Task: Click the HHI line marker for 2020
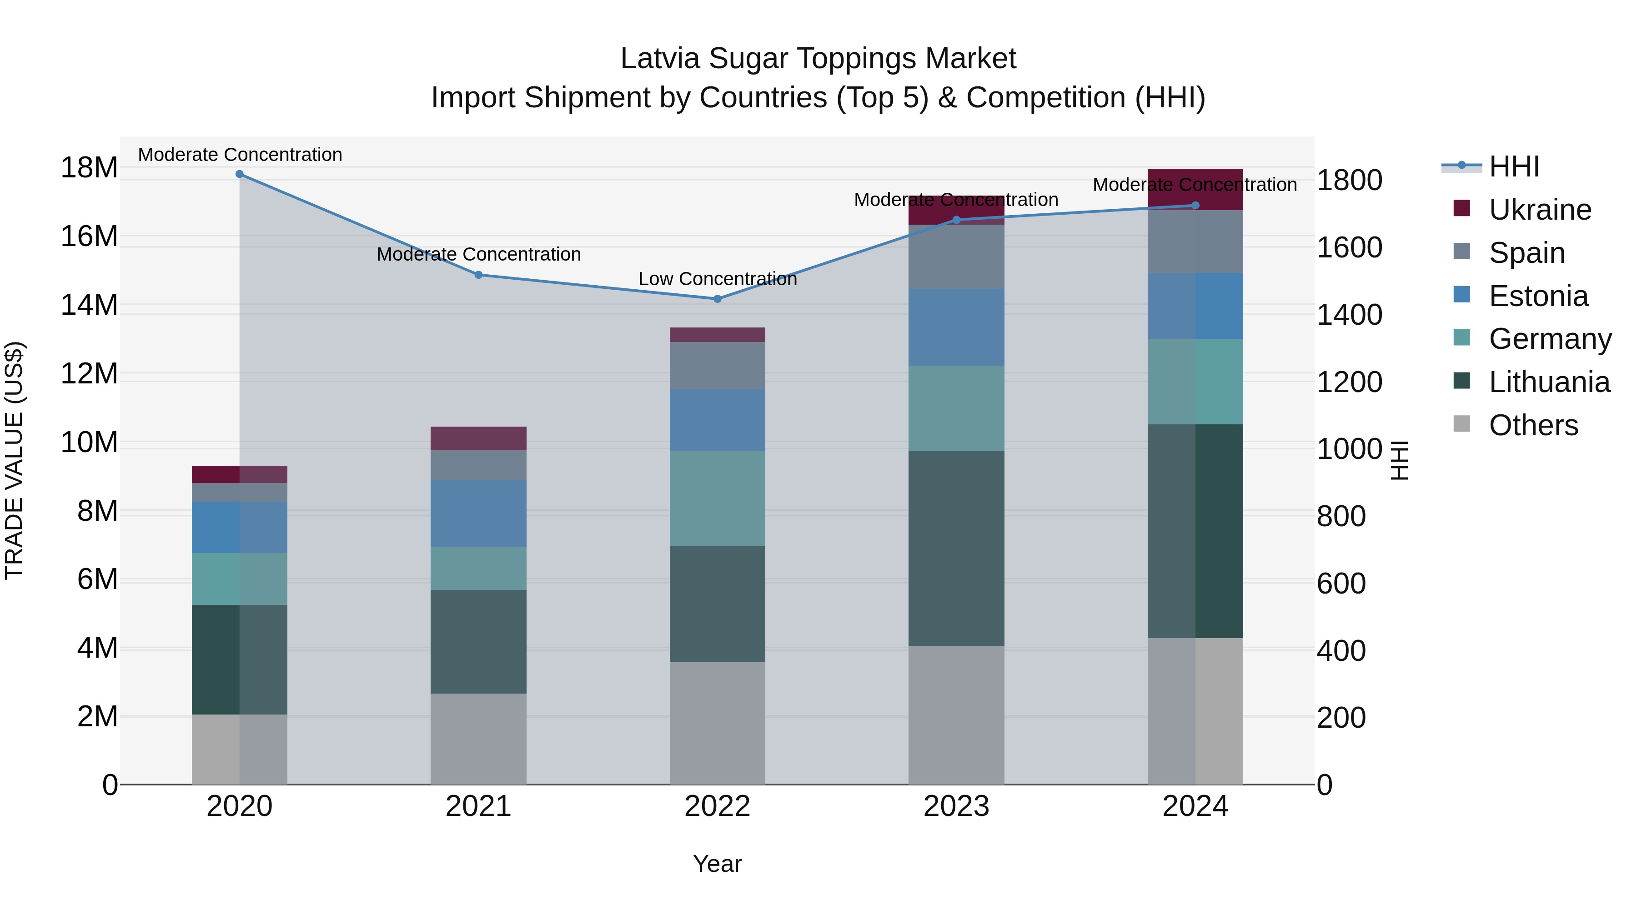[x=240, y=174]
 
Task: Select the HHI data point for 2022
[x=718, y=299]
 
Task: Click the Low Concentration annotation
[x=718, y=279]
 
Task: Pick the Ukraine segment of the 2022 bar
[x=718, y=335]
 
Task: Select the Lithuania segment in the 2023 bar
[x=956, y=549]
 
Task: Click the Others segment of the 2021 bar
[x=478, y=739]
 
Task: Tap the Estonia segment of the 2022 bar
[x=718, y=420]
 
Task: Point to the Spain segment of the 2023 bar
[x=956, y=257]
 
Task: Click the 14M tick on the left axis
[x=89, y=305]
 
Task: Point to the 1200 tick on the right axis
[x=1349, y=382]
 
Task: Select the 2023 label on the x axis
[x=956, y=806]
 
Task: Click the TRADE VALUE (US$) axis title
[x=14, y=460]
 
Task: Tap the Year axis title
[x=718, y=864]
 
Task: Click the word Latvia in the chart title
[x=660, y=59]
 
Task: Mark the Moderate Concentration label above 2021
[x=478, y=254]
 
